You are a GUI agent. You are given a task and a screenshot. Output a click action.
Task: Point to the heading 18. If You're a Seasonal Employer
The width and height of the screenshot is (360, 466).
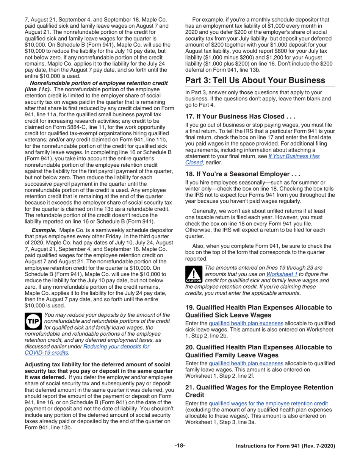pos(243,175)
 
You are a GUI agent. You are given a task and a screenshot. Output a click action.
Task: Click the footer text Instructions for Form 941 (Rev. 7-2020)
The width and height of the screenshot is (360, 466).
pos(285,446)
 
